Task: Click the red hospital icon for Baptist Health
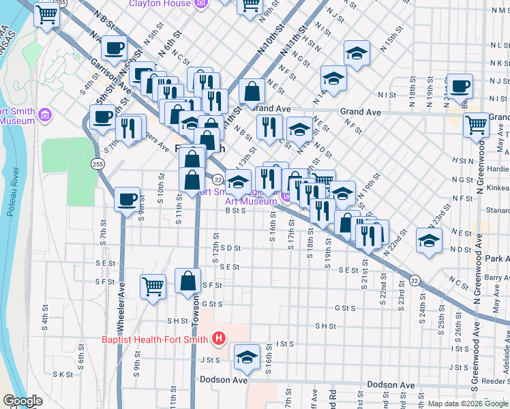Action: pos(218,338)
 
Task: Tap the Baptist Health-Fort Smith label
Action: pos(156,339)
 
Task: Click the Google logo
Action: pos(22,401)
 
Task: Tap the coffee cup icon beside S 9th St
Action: pos(127,200)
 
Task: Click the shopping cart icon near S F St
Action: pos(153,286)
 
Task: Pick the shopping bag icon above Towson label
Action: pos(187,280)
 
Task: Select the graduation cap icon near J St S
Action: pos(247,357)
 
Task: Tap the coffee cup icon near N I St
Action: pos(460,87)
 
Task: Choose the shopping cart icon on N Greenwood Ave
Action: pos(476,125)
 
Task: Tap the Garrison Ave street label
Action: pos(110,74)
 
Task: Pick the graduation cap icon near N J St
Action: pos(356,53)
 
